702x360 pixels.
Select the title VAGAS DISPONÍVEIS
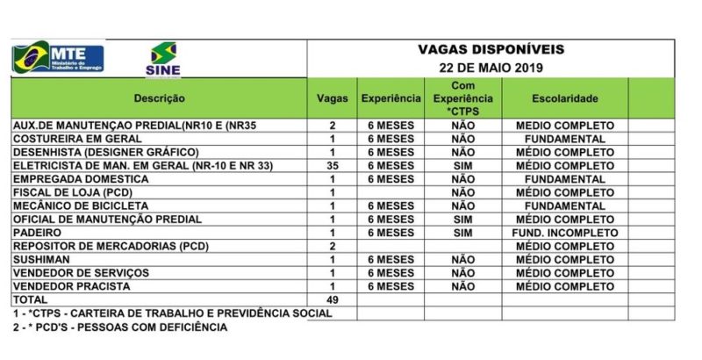[x=491, y=49]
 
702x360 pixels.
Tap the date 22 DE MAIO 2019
[x=491, y=68]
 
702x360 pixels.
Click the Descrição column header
[x=159, y=98]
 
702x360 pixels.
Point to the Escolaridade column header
[x=564, y=98]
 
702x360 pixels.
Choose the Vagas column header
[x=332, y=98]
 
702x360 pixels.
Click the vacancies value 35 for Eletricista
[x=332, y=166]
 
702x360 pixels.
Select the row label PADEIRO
[x=38, y=233]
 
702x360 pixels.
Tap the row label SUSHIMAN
[x=43, y=260]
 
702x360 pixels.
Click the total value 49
[x=332, y=300]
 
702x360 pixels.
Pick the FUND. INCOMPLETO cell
[x=564, y=233]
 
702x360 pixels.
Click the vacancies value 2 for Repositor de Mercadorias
[x=332, y=246]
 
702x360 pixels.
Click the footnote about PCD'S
[x=119, y=328]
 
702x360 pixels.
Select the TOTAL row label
[x=30, y=300]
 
